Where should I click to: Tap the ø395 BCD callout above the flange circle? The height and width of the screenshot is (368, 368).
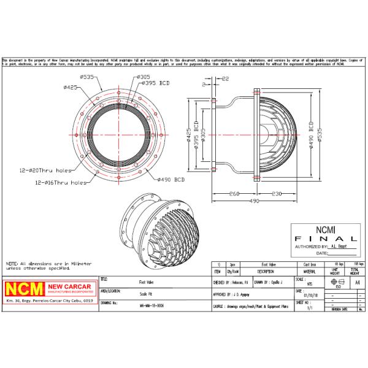pos(156,82)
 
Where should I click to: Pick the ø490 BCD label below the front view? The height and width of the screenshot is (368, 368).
pos(171,180)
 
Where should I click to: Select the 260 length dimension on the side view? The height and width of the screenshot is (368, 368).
pos(233,194)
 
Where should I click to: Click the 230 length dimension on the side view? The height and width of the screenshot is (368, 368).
pos(277,194)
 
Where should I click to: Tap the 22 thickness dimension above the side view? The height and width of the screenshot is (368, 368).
pos(225,79)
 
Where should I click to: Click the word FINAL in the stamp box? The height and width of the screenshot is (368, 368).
pos(324,238)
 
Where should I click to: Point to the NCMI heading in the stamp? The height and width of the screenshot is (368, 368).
pos(324,229)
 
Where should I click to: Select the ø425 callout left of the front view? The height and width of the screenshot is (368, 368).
pos(71,88)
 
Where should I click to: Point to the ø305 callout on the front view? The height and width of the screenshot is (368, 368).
pos(142,77)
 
